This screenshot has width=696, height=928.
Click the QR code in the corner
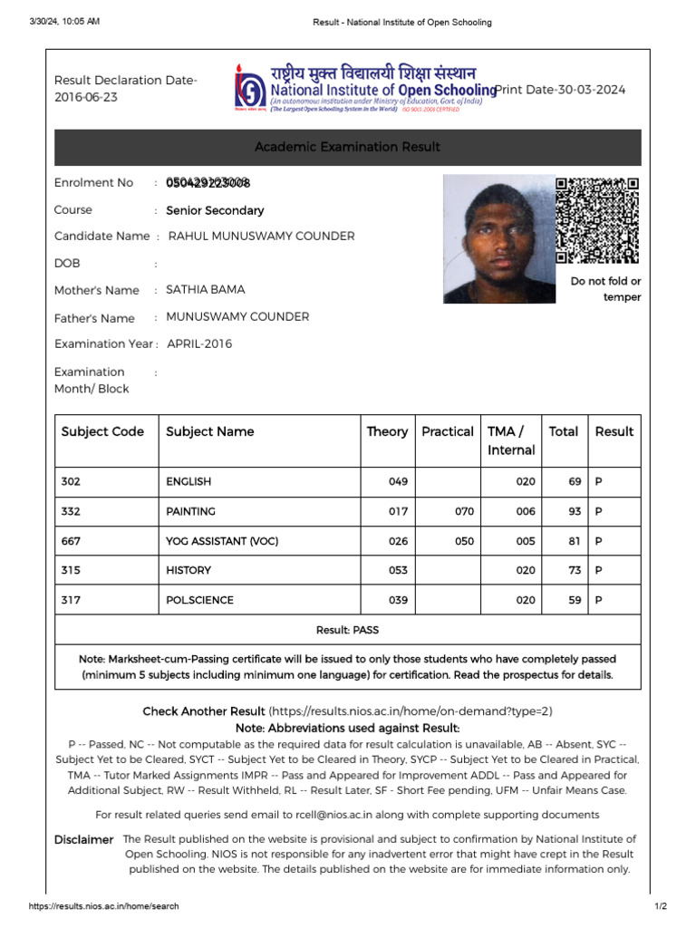pyautogui.click(x=597, y=220)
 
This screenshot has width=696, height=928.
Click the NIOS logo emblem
pyautogui.click(x=246, y=88)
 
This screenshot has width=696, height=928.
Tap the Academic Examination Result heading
pyautogui.click(x=347, y=147)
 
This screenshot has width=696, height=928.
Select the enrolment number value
pyautogui.click(x=208, y=183)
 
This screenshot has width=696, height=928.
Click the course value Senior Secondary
pyautogui.click(x=215, y=210)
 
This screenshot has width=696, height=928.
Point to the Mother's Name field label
pyautogui.click(x=96, y=290)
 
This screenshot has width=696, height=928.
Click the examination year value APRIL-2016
pyautogui.click(x=199, y=343)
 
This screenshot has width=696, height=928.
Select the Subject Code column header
pyautogui.click(x=102, y=431)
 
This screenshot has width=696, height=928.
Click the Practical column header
pyautogui.click(x=447, y=431)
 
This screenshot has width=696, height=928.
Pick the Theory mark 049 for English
pyautogui.click(x=398, y=482)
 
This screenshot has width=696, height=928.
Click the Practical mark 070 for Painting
pyautogui.click(x=464, y=511)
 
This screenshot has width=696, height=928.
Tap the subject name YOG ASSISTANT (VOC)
pyautogui.click(x=222, y=541)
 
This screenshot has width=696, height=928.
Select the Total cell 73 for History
pyautogui.click(x=575, y=570)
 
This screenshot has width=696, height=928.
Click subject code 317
pyautogui.click(x=71, y=600)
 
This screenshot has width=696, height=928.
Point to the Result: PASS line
pyautogui.click(x=347, y=629)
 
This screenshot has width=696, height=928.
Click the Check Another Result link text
pyautogui.click(x=204, y=711)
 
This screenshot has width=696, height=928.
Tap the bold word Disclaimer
pyautogui.click(x=83, y=840)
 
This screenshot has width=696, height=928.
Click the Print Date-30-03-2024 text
pyautogui.click(x=560, y=90)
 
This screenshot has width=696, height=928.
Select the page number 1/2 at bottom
pyautogui.click(x=660, y=906)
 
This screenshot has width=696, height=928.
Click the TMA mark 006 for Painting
pyautogui.click(x=526, y=511)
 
